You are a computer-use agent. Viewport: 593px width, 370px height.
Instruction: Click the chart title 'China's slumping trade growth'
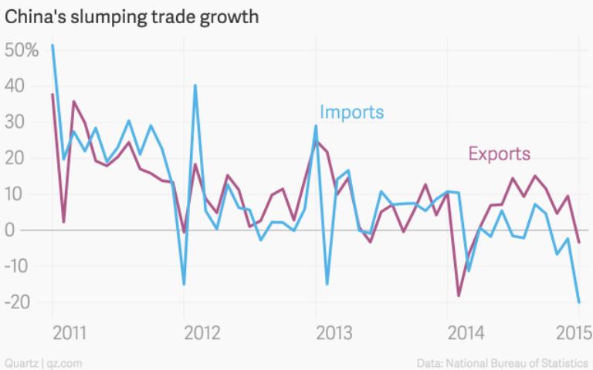(131, 16)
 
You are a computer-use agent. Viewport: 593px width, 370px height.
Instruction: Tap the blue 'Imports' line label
(351, 113)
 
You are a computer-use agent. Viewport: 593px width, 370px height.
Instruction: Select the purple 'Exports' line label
(499, 153)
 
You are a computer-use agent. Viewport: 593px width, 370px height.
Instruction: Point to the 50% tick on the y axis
(22, 51)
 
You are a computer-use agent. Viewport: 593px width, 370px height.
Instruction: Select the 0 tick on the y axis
(11, 230)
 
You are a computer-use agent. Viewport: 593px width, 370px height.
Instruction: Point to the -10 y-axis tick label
(17, 266)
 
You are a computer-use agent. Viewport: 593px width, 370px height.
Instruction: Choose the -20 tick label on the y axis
(17, 302)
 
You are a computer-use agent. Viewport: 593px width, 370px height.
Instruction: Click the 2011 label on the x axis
(69, 333)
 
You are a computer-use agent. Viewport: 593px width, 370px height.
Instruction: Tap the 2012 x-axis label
(201, 333)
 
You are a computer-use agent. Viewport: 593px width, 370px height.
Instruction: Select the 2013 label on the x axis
(333, 333)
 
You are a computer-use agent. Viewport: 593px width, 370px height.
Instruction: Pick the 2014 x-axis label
(464, 333)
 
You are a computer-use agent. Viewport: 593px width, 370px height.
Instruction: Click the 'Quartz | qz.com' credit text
(43, 362)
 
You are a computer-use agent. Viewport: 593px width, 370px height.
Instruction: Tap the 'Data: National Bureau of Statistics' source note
(503, 362)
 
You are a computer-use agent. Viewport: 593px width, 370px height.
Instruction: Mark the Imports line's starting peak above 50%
(53, 45)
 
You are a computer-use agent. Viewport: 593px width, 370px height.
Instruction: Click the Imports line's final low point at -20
(579, 302)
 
